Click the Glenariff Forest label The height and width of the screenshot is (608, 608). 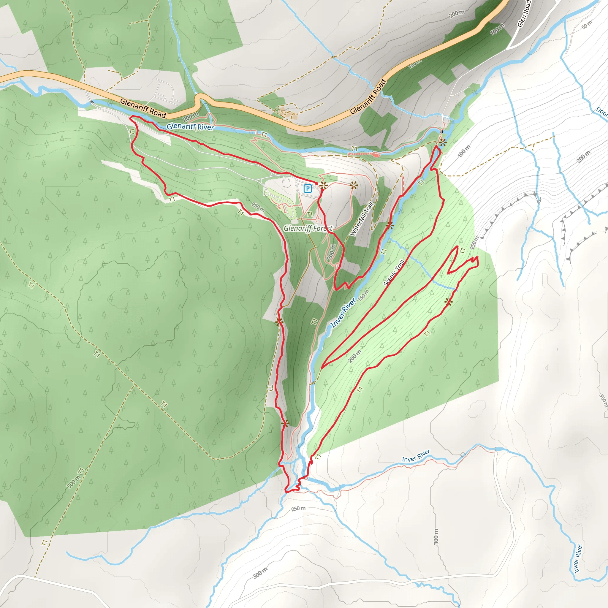(x=308, y=228)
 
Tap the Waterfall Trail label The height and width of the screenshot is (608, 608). (x=362, y=219)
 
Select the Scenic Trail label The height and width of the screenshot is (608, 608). (x=394, y=273)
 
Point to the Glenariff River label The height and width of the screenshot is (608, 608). (x=190, y=127)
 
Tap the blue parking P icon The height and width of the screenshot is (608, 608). (x=308, y=189)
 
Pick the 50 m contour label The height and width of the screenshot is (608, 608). (x=587, y=25)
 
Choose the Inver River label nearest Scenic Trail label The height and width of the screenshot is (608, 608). (x=343, y=313)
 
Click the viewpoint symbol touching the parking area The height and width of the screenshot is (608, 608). (x=323, y=186)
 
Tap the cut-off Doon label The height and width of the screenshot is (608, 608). (x=602, y=112)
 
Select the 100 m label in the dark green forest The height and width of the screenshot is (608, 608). (x=497, y=29)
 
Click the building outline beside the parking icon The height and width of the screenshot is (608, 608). (x=286, y=182)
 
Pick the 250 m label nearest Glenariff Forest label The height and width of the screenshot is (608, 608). (x=258, y=206)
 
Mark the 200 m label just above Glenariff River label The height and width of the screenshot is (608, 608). (x=190, y=117)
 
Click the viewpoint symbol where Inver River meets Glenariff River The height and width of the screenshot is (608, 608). (x=443, y=142)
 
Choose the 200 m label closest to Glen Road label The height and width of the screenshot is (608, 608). (x=457, y=14)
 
